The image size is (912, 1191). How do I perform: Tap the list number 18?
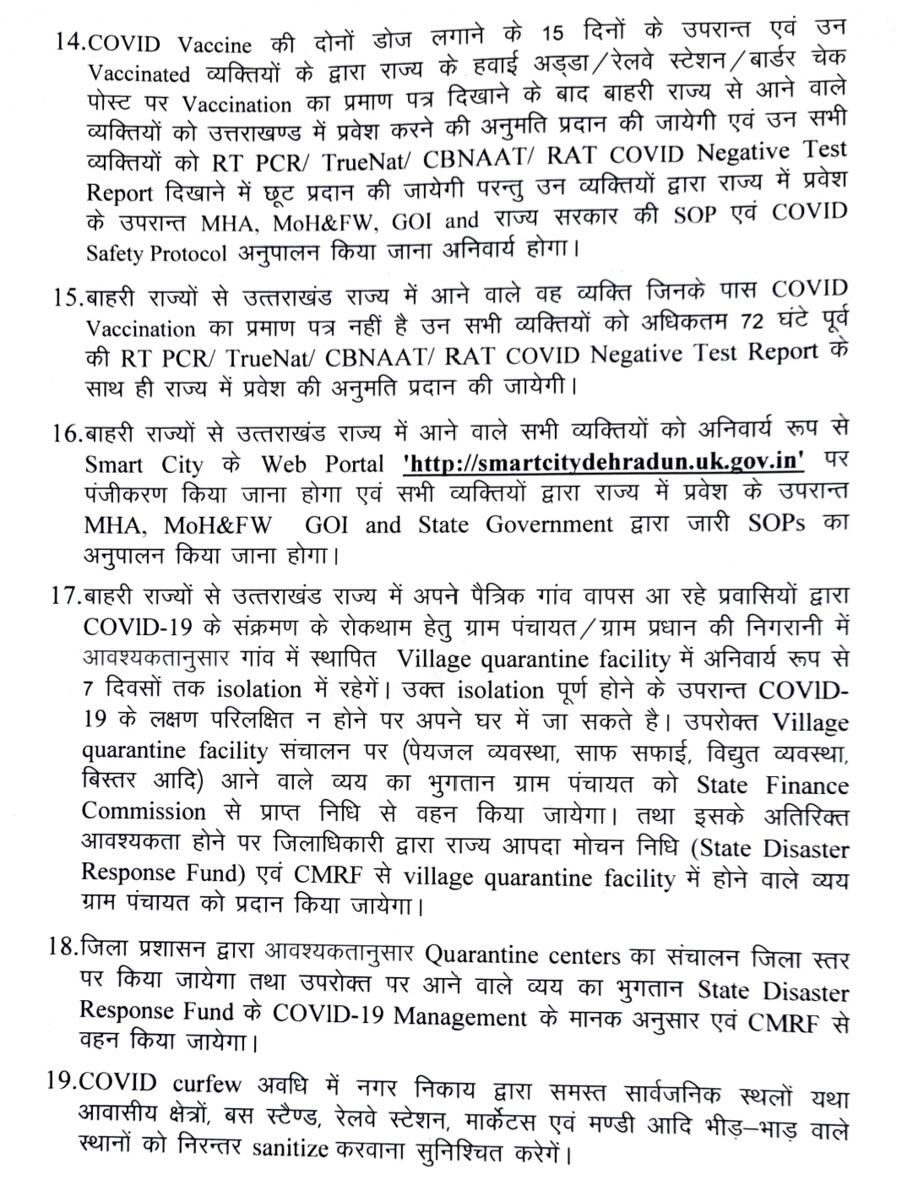63,949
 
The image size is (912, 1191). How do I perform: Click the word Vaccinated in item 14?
139,74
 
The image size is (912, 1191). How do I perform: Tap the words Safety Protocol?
156,253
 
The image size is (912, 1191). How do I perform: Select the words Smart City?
144,465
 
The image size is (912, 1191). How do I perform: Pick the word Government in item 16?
549,525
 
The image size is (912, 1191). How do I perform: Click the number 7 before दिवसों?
88,690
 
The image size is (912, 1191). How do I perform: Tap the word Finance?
806,785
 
